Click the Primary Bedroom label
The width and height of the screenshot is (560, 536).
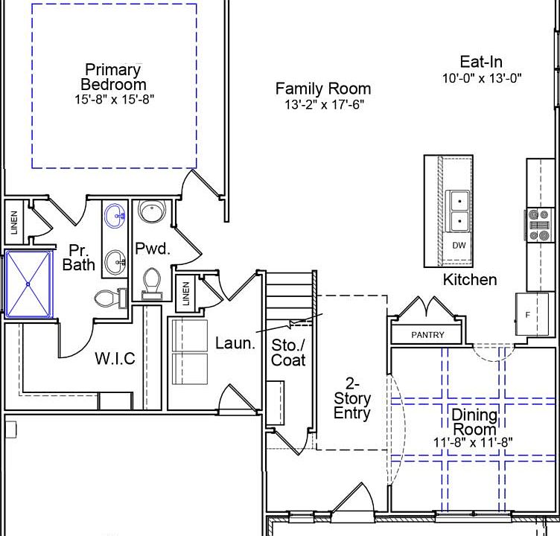click(113, 77)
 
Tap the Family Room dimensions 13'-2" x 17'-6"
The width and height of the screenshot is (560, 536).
click(322, 105)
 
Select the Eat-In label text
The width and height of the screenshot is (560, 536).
click(480, 62)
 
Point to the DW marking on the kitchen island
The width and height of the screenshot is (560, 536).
click(459, 245)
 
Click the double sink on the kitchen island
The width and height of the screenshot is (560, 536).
click(459, 211)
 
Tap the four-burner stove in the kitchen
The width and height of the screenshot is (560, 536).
click(539, 226)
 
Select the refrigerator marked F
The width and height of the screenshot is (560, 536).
click(532, 315)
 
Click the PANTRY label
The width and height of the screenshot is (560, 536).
click(427, 336)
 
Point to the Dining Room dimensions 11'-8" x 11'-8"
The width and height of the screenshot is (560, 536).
click(473, 442)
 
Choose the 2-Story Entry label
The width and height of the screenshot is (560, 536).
click(351, 399)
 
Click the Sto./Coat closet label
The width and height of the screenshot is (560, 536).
click(287, 353)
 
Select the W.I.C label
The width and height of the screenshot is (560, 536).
click(115, 360)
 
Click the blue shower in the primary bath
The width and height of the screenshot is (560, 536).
click(28, 284)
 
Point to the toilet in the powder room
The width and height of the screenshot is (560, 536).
click(151, 283)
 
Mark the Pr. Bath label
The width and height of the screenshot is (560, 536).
click(78, 257)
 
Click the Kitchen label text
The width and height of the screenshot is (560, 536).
click(469, 280)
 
